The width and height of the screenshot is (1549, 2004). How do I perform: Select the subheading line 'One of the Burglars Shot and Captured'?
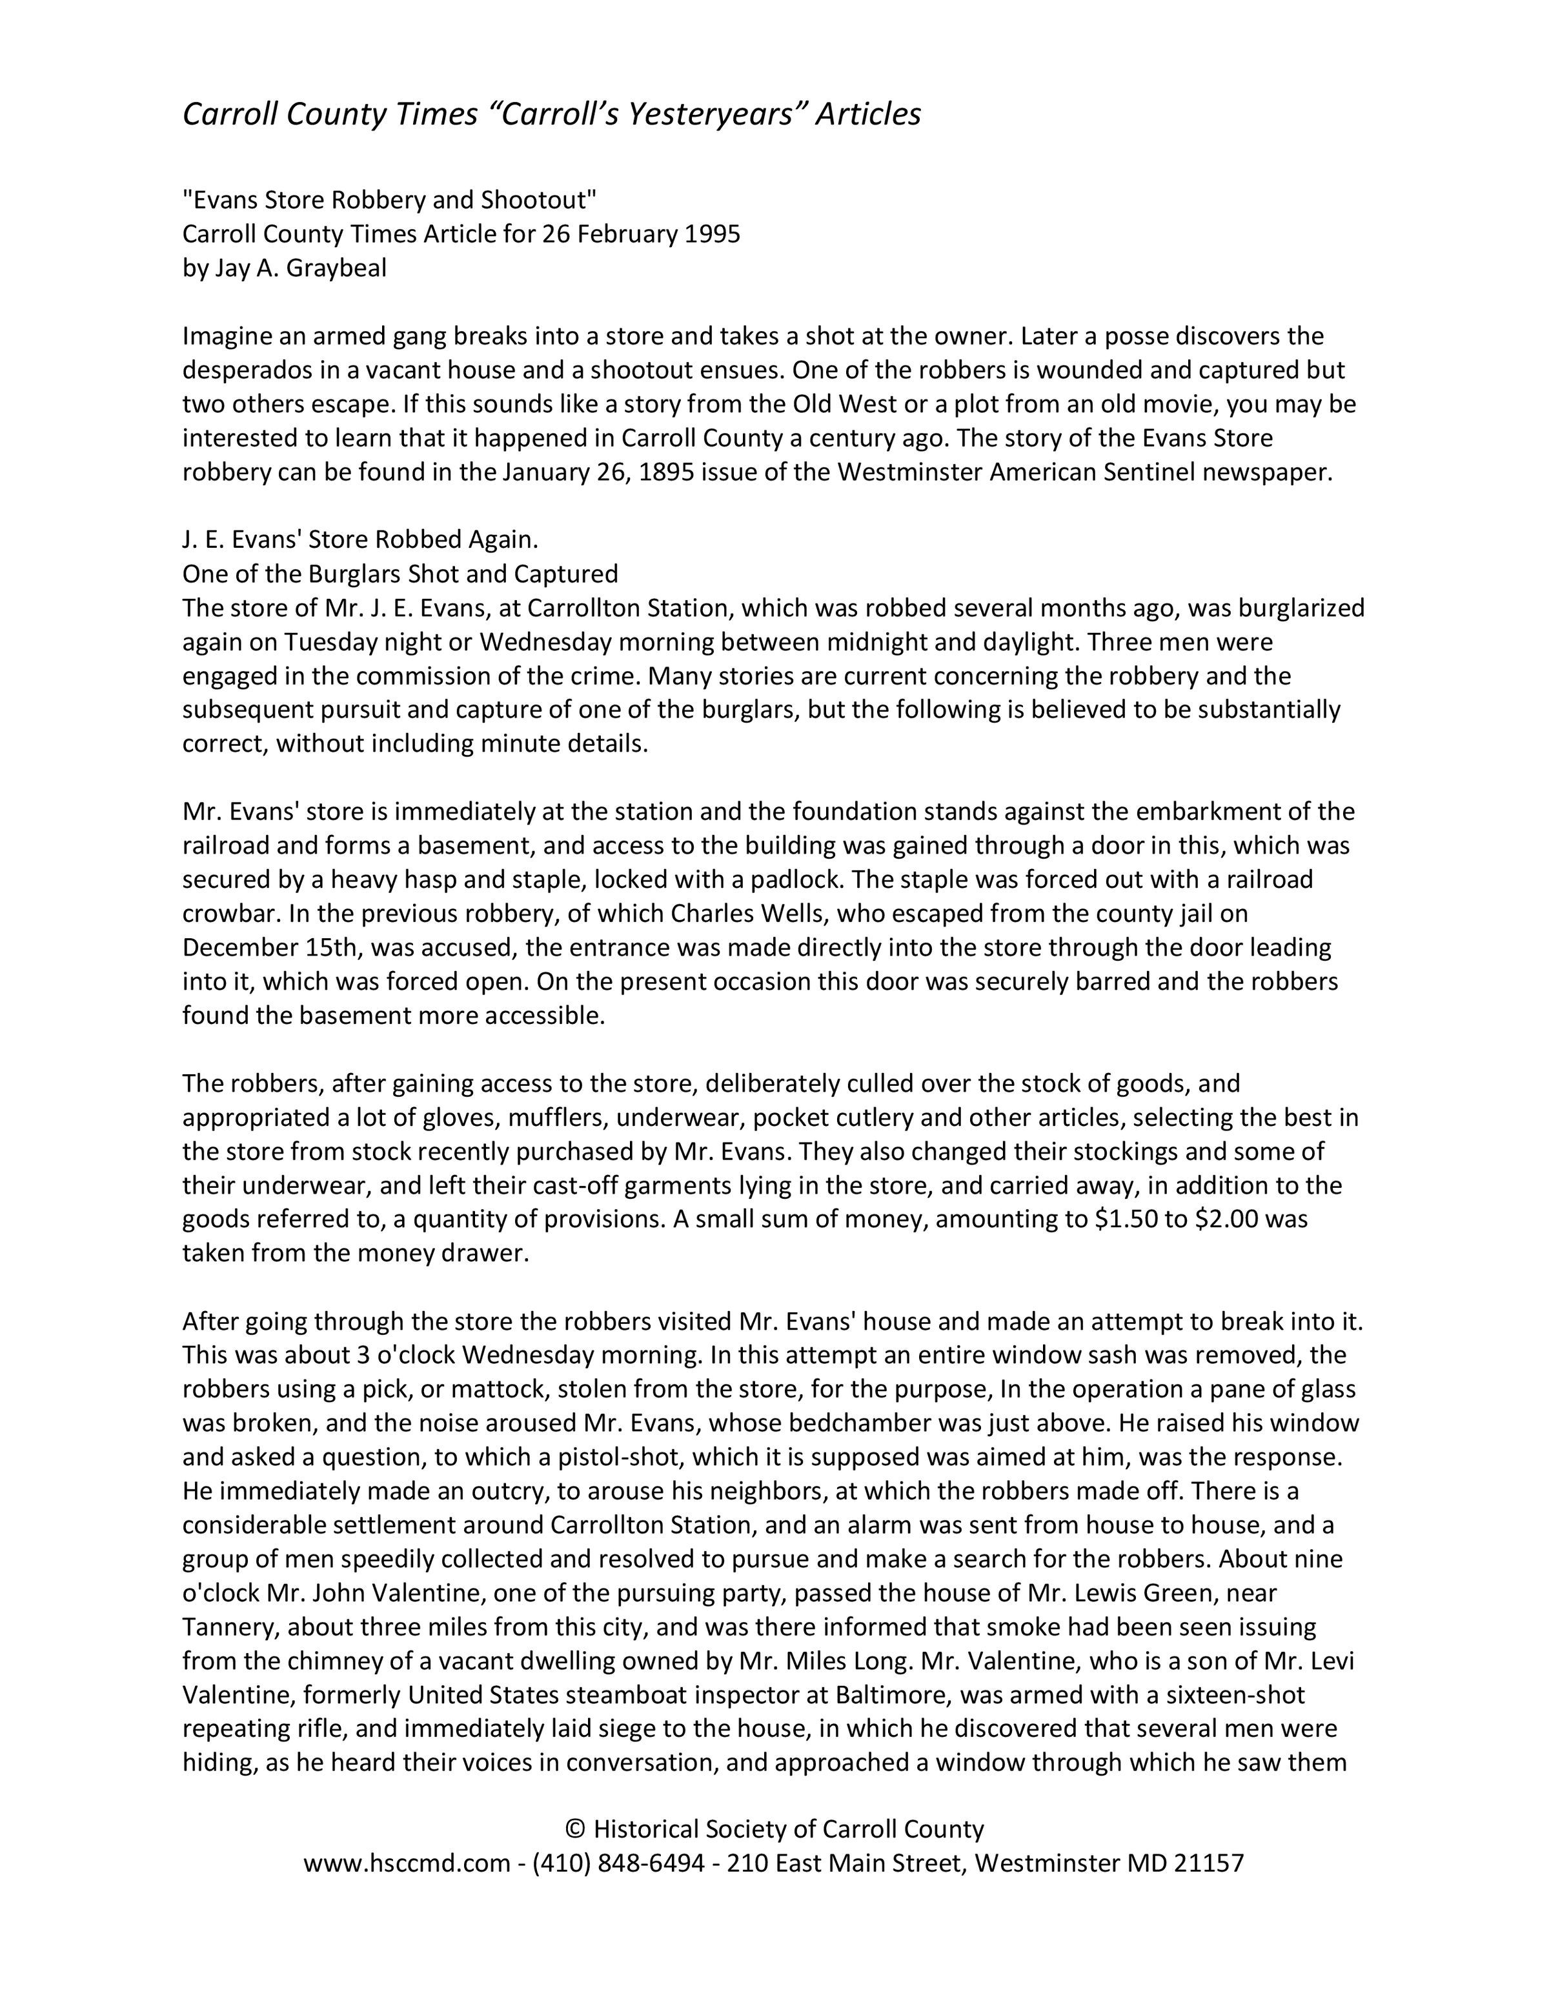coord(400,574)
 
